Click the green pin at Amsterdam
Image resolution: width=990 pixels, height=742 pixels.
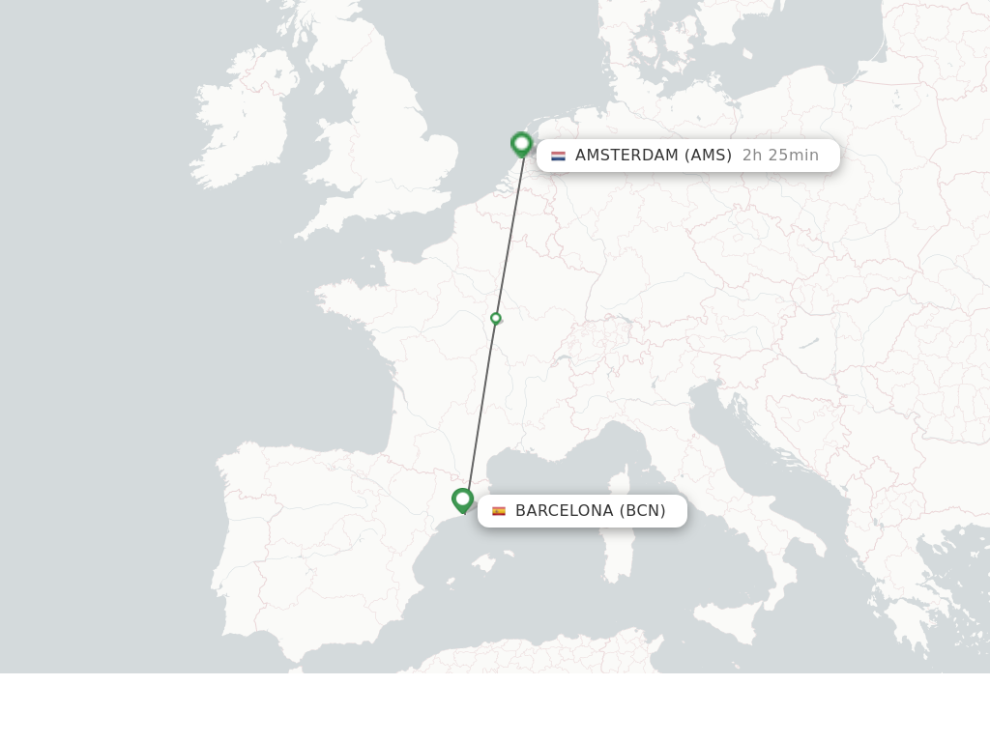[522, 145]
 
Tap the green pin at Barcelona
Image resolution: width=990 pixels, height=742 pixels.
[462, 500]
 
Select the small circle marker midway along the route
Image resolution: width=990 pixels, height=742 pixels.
[496, 318]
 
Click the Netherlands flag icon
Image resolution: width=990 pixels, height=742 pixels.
[558, 156]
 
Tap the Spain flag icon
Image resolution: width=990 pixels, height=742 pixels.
[499, 511]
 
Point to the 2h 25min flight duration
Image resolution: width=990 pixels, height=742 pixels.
[780, 156]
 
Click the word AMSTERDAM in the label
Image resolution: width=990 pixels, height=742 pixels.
[626, 156]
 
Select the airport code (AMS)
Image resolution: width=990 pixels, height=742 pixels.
[708, 156]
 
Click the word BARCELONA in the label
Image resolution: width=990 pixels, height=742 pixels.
[564, 511]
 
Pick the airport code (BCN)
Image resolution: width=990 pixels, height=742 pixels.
[643, 511]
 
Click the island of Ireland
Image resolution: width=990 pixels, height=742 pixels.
[242, 126]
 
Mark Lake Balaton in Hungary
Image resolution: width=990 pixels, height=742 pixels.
[809, 342]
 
